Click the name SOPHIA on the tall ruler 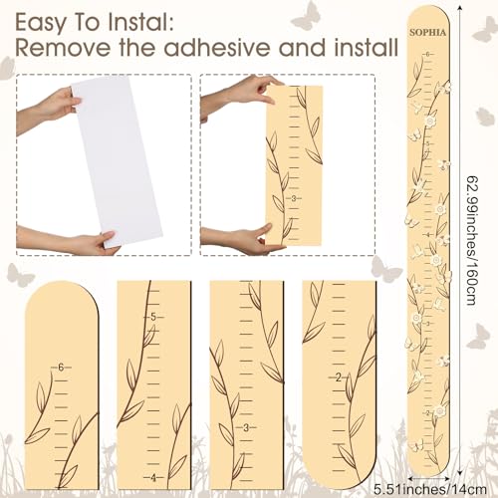[x=428, y=32]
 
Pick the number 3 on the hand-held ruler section [x=292, y=198]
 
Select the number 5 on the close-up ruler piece [x=152, y=318]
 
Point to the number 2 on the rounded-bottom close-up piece [x=340, y=376]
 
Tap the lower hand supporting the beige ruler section [x=239, y=237]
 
